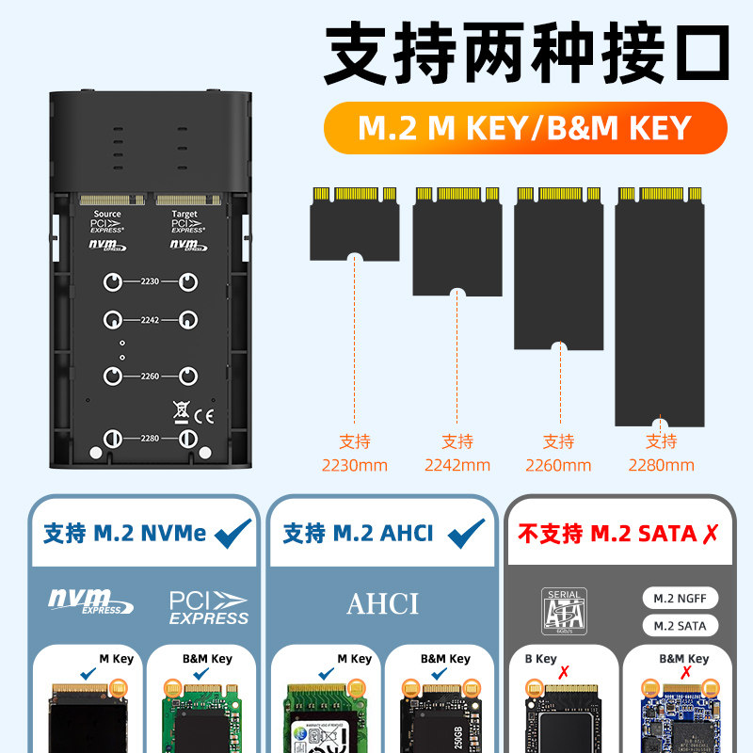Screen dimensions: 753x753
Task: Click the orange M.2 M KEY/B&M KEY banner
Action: tap(525, 128)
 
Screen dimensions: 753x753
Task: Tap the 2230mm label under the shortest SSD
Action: tap(354, 464)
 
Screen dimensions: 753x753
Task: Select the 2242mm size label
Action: tap(457, 464)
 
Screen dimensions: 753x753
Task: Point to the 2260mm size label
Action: tap(558, 464)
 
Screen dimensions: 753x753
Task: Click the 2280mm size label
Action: tap(661, 464)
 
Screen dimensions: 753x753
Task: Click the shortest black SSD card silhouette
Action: tap(354, 223)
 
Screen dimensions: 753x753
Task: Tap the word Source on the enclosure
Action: tap(106, 215)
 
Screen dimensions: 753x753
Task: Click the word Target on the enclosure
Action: tap(184, 215)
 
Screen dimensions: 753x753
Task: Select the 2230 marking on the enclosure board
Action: tap(150, 281)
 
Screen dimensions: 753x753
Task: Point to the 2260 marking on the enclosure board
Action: tap(150, 376)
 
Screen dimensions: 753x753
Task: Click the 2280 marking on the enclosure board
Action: tap(150, 439)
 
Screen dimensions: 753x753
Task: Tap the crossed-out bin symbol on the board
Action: tap(182, 410)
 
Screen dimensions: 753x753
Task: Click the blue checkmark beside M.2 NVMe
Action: tap(233, 534)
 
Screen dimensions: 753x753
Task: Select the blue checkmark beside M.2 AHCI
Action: tap(466, 534)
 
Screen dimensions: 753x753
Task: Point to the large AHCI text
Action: tap(382, 603)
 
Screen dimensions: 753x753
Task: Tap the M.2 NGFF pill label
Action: tap(680, 599)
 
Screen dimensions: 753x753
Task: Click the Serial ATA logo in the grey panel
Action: tap(565, 610)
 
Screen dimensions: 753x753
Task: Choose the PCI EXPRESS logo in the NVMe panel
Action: tap(208, 607)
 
